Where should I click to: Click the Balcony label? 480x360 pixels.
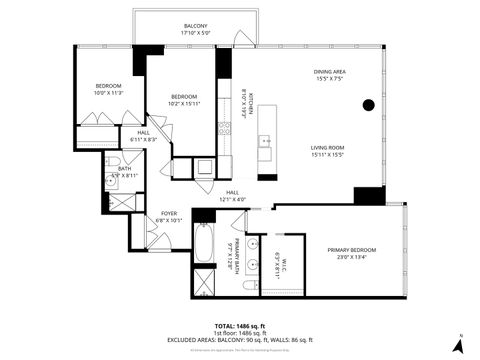195,29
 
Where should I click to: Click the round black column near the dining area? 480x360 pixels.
368,105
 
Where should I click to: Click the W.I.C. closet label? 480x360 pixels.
281,266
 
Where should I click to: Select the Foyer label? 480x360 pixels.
169,217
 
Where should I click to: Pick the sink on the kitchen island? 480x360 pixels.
266,143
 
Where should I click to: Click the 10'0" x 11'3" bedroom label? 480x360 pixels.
108,90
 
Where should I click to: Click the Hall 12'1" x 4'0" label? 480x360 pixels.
231,195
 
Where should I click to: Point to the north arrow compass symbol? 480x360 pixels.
458,344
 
